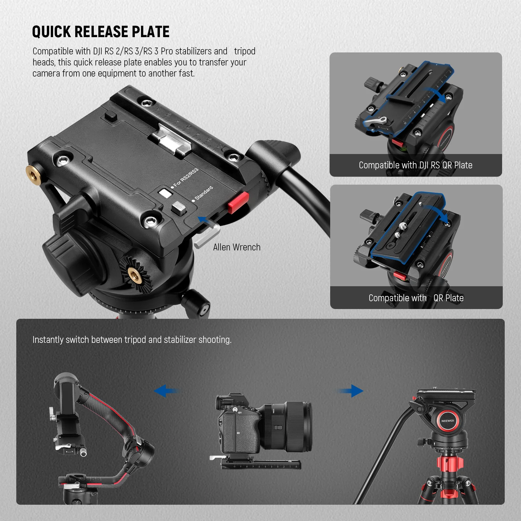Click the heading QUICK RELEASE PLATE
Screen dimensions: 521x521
[x=101, y=32]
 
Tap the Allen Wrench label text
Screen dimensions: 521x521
[x=237, y=247]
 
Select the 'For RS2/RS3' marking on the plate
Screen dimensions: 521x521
[x=185, y=178]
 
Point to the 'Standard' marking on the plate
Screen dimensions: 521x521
[x=204, y=193]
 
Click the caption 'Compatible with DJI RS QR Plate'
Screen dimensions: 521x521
[x=415, y=165]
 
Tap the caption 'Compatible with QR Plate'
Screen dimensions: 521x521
[x=416, y=298]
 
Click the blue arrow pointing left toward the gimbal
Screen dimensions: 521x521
[x=166, y=390]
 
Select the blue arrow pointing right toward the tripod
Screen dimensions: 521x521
[x=350, y=391]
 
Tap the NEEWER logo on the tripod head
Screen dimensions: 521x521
[x=448, y=421]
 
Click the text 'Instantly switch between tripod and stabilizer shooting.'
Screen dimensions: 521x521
[x=132, y=340]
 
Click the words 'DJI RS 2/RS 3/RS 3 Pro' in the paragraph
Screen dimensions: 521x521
[x=133, y=51]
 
